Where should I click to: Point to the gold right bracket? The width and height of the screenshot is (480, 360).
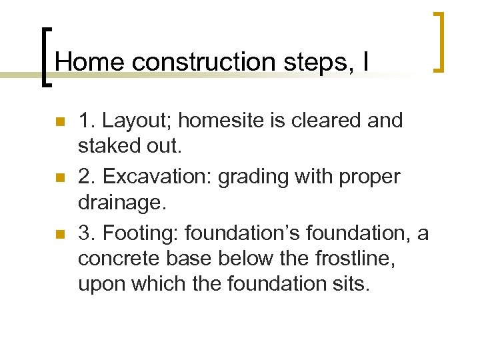pos(439,41)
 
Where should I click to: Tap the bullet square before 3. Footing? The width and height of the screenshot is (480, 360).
pos(59,235)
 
